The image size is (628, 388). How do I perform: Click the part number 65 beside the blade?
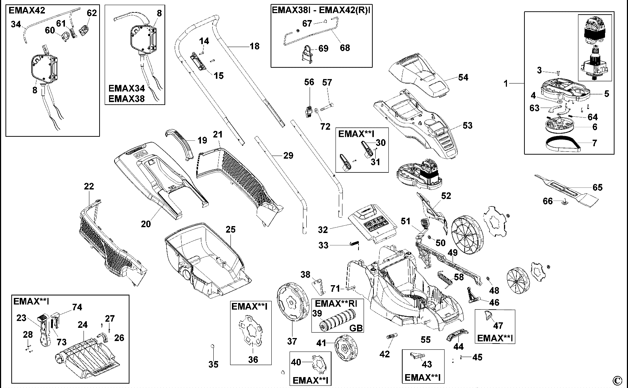point(597,187)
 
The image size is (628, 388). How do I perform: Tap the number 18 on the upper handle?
point(255,46)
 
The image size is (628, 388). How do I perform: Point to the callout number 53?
point(467,125)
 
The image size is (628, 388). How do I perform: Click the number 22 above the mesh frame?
point(89,186)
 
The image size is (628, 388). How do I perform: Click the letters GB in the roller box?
point(356,328)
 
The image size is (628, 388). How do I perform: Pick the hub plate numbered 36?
point(251,331)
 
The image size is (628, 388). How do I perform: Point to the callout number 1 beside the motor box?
point(506,84)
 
